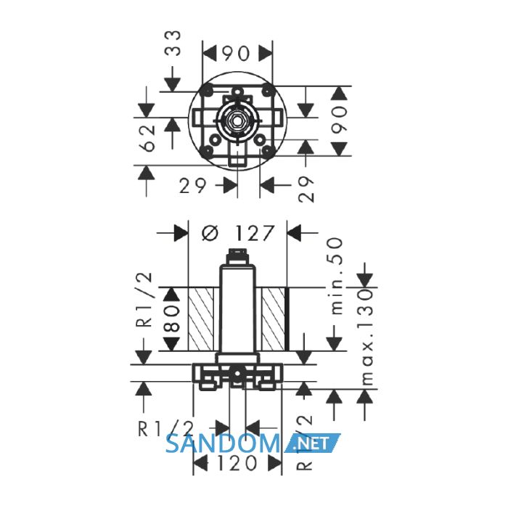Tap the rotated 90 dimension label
coord(340,120)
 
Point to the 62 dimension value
coord(149,139)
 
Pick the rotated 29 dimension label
coord(306,189)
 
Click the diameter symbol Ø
coord(210,233)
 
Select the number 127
coord(254,233)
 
